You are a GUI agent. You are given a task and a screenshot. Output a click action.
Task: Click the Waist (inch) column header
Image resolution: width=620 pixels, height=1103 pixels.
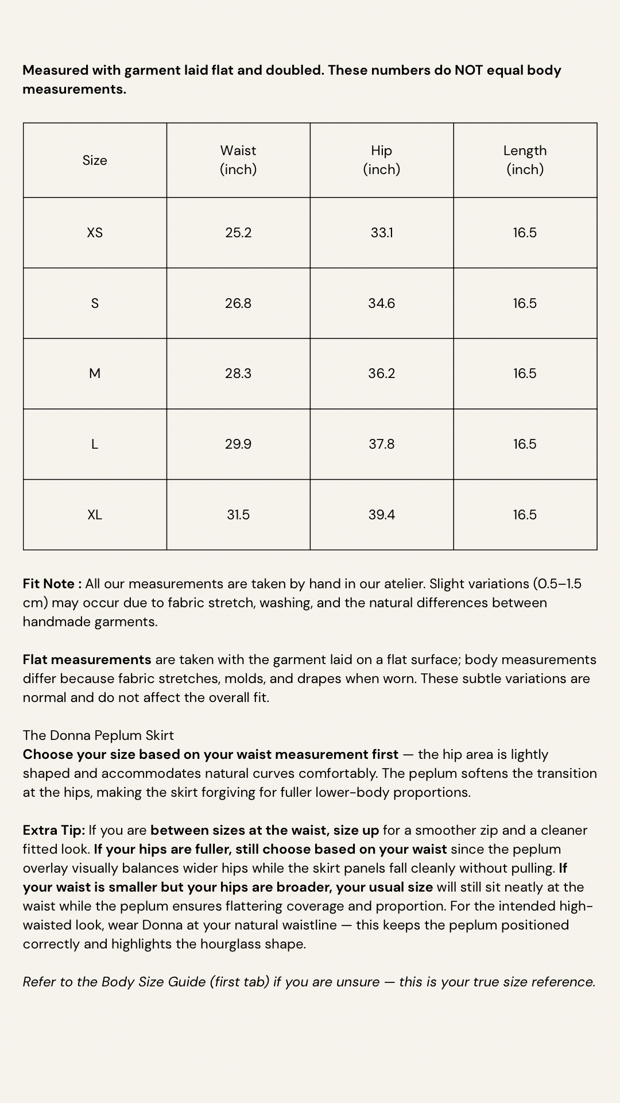238,160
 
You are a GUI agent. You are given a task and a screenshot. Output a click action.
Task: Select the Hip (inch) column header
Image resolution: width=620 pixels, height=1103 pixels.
382,160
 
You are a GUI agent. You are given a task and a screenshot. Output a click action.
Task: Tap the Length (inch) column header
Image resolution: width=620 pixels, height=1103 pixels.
525,160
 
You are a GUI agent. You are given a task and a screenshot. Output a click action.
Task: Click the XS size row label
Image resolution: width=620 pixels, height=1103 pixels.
95,233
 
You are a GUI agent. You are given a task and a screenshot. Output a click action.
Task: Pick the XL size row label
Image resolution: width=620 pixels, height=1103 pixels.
95,515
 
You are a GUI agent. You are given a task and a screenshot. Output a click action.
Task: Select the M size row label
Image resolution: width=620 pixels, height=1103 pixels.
95,373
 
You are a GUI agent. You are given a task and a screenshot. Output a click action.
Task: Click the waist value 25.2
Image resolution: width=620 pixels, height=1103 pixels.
238,233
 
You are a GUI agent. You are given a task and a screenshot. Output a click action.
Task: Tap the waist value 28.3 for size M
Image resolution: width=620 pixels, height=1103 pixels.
238,373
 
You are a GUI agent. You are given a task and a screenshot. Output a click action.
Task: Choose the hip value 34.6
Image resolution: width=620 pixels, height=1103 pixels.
382,303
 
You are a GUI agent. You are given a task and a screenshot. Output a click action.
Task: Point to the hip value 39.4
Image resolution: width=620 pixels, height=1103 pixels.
382,515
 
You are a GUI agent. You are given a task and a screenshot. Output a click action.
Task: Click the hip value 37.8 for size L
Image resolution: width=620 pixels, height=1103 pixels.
382,444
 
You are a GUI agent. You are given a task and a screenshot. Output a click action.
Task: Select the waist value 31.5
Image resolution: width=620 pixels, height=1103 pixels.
238,515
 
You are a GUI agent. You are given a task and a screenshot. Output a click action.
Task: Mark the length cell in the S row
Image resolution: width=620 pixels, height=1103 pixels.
525,303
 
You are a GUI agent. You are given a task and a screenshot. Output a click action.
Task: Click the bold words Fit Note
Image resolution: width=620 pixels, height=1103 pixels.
49,584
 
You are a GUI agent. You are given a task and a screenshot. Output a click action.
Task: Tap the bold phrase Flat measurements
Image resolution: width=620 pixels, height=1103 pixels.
87,660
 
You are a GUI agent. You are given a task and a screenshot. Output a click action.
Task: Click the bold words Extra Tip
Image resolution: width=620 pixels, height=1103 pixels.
53,830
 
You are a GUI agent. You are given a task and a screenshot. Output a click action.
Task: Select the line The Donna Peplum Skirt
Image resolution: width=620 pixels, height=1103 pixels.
98,735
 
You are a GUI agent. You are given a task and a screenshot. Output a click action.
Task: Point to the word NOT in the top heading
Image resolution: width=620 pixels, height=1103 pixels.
468,70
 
